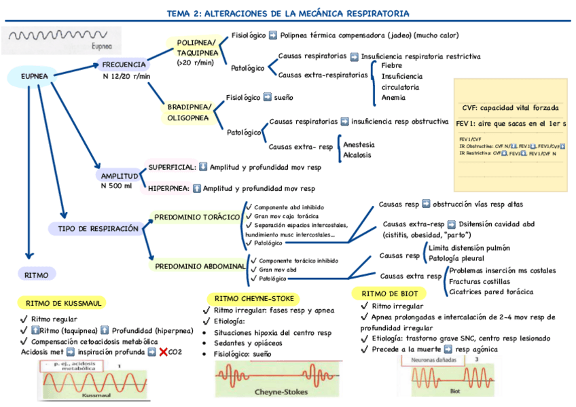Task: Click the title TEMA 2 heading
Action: [x=287, y=13]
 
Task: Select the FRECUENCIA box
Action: [x=124, y=65]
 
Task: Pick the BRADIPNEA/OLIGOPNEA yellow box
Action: [x=190, y=112]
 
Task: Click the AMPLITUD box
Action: [x=120, y=176]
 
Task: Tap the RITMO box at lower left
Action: [x=36, y=275]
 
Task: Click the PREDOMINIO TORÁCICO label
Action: [x=198, y=217]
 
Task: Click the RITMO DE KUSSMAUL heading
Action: [x=64, y=303]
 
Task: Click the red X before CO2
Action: [x=163, y=352]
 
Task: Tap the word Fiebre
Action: [x=392, y=65]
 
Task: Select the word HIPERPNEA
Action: [x=168, y=188]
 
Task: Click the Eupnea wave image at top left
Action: [x=62, y=39]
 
